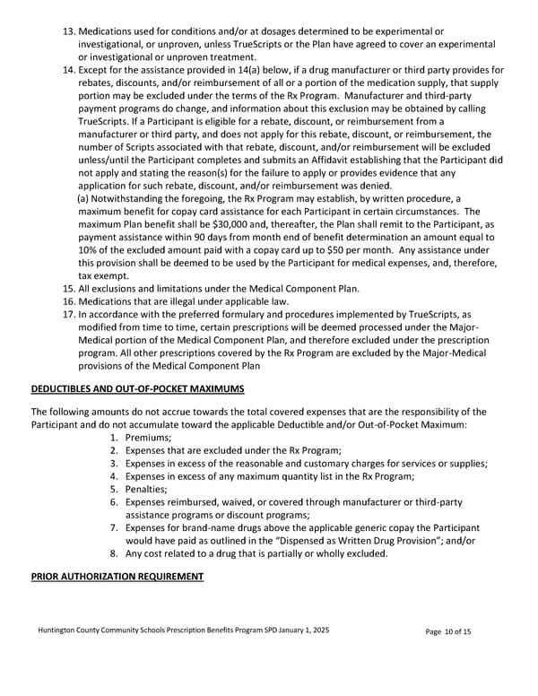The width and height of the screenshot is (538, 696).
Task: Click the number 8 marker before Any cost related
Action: [114, 553]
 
